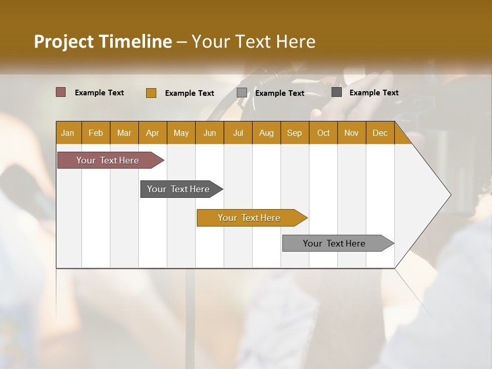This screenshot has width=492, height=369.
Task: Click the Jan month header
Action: pyautogui.click(x=68, y=133)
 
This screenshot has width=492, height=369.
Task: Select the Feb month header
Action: pyautogui.click(x=96, y=133)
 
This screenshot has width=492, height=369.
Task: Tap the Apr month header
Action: pyautogui.click(x=153, y=133)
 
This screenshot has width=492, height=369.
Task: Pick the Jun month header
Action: pyautogui.click(x=210, y=133)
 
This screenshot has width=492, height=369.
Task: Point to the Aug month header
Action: pyautogui.click(x=266, y=133)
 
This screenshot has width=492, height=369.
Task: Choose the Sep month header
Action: pyautogui.click(x=295, y=133)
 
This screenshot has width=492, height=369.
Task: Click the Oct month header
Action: pyautogui.click(x=323, y=133)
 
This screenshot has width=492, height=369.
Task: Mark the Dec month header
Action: pyautogui.click(x=380, y=133)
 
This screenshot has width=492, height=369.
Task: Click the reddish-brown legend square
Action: pyautogui.click(x=61, y=92)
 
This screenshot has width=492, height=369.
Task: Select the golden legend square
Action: pyautogui.click(x=151, y=93)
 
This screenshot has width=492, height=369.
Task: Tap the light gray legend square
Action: pyautogui.click(x=242, y=93)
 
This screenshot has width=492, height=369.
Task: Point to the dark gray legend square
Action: pyautogui.click(x=337, y=92)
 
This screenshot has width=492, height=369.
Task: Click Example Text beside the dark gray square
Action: pyautogui.click(x=374, y=92)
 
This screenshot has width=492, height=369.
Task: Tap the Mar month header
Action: pyautogui.click(x=124, y=133)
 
